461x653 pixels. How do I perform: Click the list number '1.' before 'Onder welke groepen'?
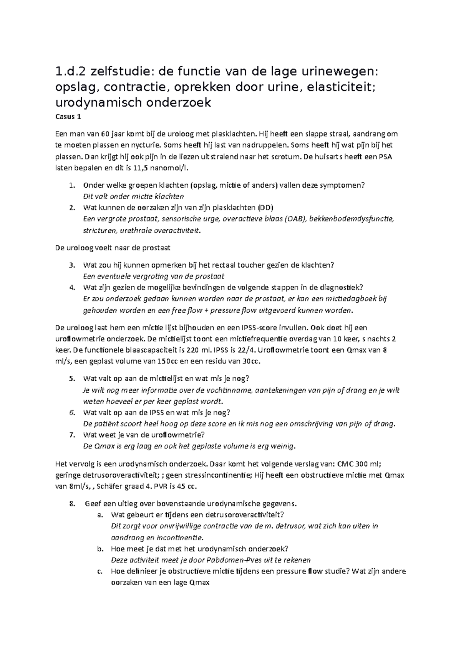coord(72,185)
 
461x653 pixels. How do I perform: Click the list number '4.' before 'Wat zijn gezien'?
coord(72,287)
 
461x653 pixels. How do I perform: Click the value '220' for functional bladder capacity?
coord(192,350)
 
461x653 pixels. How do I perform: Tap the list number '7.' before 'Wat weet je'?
coord(72,435)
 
